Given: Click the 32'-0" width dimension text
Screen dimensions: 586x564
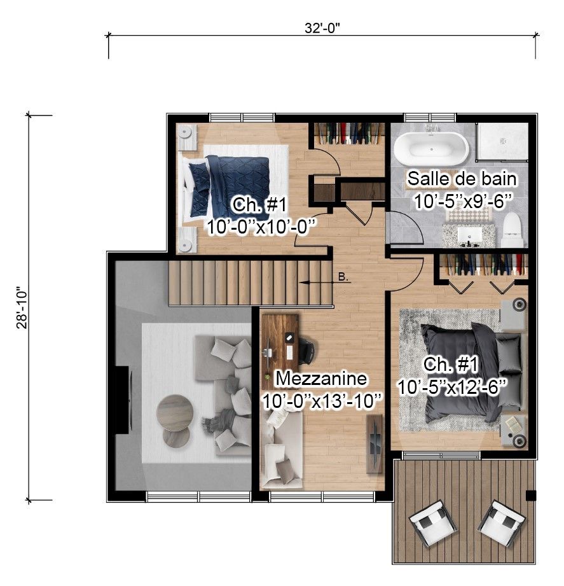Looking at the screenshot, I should tap(322, 28).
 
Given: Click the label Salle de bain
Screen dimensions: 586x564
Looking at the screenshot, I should tap(462, 179).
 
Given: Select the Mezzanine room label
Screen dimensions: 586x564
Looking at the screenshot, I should tap(321, 379).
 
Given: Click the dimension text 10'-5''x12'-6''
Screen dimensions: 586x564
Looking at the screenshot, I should tap(451, 386).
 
